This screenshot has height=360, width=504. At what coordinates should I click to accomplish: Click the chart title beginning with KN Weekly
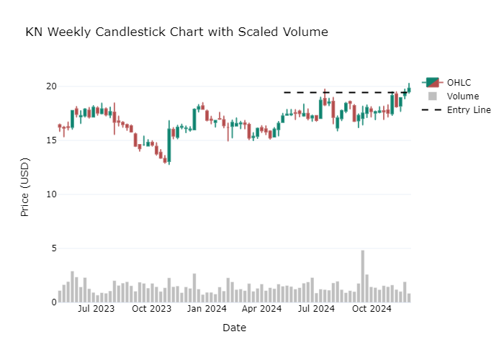click(x=176, y=32)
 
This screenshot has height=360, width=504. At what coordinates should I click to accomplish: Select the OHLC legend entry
click(x=458, y=82)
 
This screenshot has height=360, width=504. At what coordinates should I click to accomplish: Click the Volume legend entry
click(x=462, y=96)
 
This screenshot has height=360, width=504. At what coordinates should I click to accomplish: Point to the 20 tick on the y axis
click(x=51, y=86)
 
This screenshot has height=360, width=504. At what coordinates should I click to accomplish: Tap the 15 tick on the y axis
click(x=51, y=140)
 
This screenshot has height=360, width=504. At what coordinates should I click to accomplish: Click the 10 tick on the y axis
click(x=51, y=194)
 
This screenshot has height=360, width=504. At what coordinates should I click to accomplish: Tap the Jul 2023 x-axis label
click(x=96, y=310)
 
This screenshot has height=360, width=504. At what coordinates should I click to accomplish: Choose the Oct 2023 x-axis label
click(x=152, y=310)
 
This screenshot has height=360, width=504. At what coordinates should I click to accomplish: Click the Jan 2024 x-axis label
click(x=207, y=310)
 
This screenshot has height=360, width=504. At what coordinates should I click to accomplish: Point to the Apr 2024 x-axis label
click(x=262, y=310)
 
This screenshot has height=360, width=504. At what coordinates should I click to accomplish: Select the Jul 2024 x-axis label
click(x=317, y=310)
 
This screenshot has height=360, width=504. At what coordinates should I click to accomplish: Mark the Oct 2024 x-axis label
click(x=372, y=310)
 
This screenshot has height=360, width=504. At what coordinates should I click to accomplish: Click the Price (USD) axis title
click(x=24, y=187)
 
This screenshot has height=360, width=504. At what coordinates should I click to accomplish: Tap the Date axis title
click(x=234, y=328)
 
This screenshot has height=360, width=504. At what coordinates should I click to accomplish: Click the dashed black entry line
click(x=338, y=92)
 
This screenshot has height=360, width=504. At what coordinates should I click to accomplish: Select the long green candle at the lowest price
click(x=169, y=145)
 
